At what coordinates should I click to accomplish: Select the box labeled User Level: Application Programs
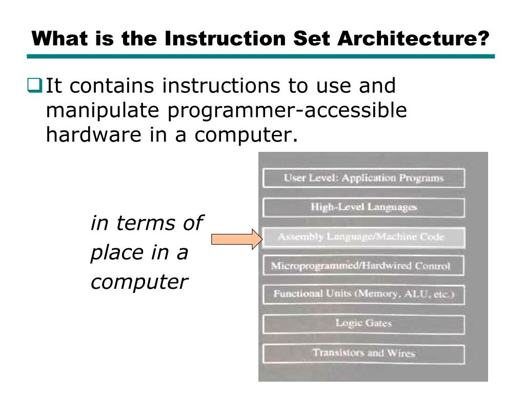[364, 178]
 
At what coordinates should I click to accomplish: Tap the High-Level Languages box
[364, 207]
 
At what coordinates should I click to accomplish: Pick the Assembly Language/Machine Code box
[364, 237]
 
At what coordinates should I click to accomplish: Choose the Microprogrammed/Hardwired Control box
[364, 266]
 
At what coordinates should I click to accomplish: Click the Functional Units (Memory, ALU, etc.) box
[364, 294]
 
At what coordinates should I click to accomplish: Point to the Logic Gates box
[364, 324]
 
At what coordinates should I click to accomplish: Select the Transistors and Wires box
[364, 353]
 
